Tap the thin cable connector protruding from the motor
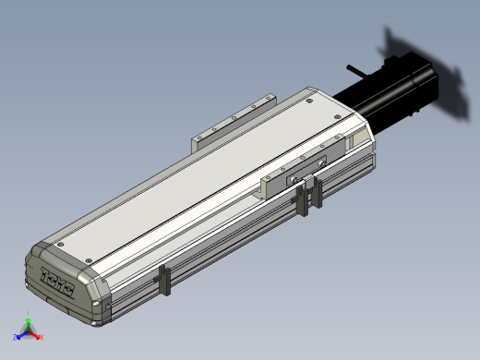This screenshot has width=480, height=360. click(x=358, y=69)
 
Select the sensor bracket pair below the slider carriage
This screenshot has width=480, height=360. click(x=309, y=197)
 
